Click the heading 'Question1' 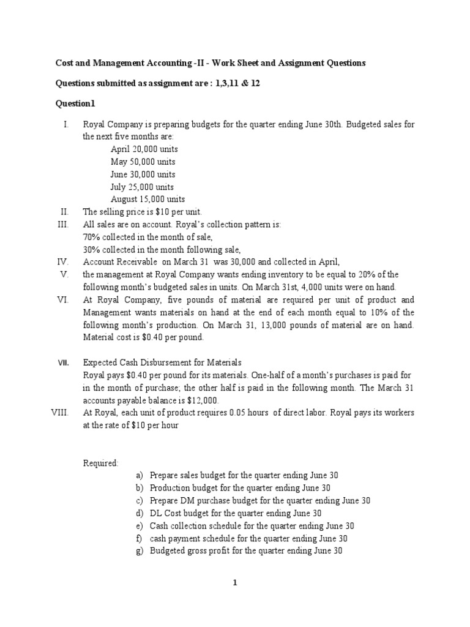point(75,103)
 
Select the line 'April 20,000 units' point(144,149)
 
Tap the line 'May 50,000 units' point(143,162)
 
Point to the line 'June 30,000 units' point(143,174)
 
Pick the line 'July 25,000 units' point(142,187)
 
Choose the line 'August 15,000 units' point(147,199)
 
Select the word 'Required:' point(101,463)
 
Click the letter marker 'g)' point(140,550)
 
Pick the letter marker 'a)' point(140,475)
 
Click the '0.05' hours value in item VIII point(237,413)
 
